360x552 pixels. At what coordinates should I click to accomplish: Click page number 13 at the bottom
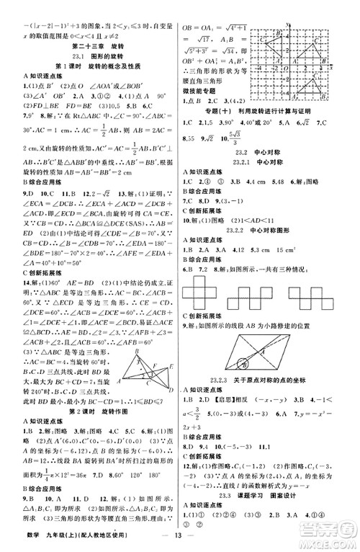[179, 538]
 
